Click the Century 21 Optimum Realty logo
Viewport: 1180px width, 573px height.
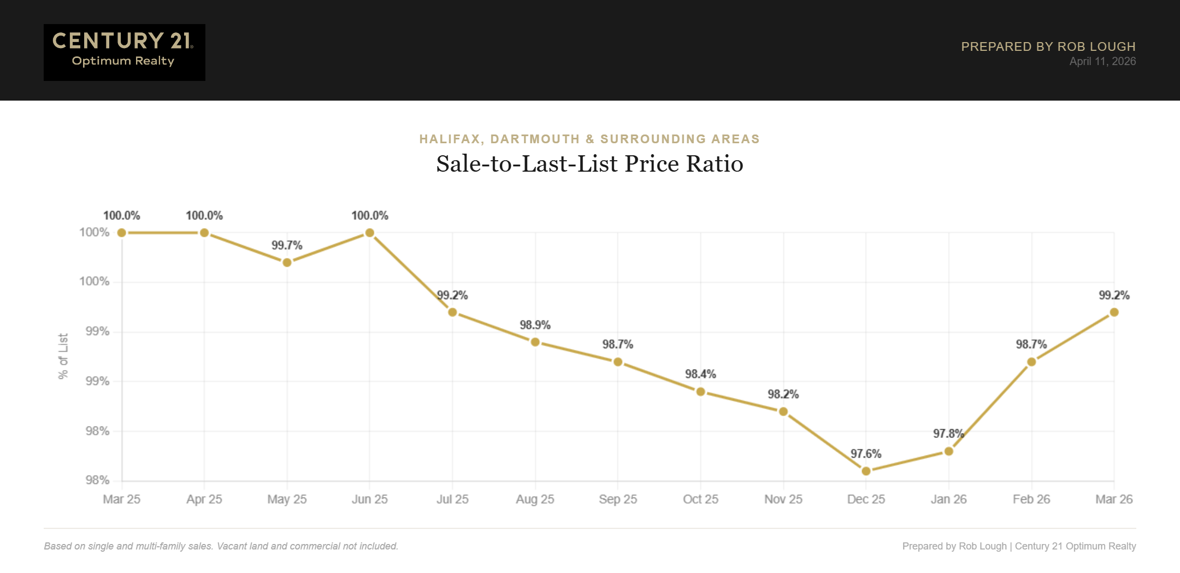[124, 52]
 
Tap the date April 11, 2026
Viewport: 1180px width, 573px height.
[1102, 61]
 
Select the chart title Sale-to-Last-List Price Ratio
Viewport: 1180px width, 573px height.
[589, 163]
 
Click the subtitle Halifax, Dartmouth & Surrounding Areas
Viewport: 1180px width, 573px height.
[589, 139]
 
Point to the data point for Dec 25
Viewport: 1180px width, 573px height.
[866, 471]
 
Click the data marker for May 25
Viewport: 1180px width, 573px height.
[287, 262]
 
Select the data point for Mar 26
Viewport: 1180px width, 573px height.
[1114, 312]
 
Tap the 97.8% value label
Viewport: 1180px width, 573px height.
[948, 434]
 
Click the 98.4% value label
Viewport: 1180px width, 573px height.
[700, 374]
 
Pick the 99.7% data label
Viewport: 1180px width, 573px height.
[287, 245]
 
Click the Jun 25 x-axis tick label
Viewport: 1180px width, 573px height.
[369, 499]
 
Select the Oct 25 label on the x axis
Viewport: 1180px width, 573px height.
[700, 499]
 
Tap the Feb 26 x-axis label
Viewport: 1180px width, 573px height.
[1031, 499]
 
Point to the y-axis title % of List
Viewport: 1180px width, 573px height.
[63, 356]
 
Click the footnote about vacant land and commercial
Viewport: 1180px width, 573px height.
[221, 546]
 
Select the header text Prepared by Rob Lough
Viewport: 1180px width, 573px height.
[1048, 46]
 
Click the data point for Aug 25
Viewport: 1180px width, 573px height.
[535, 342]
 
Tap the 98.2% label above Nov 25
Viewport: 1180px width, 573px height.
[783, 394]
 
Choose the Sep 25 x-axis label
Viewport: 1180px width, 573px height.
[618, 499]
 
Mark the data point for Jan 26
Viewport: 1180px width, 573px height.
[949, 451]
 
